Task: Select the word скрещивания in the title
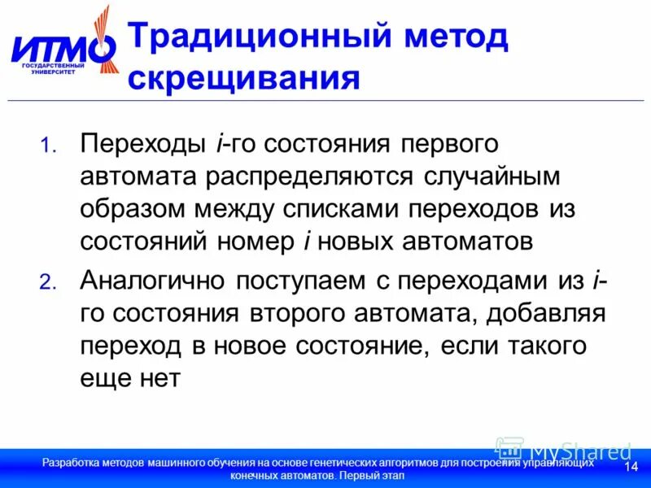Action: [244, 79]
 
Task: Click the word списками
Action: [338, 209]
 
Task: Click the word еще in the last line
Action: [101, 377]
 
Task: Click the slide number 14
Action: [630, 466]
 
